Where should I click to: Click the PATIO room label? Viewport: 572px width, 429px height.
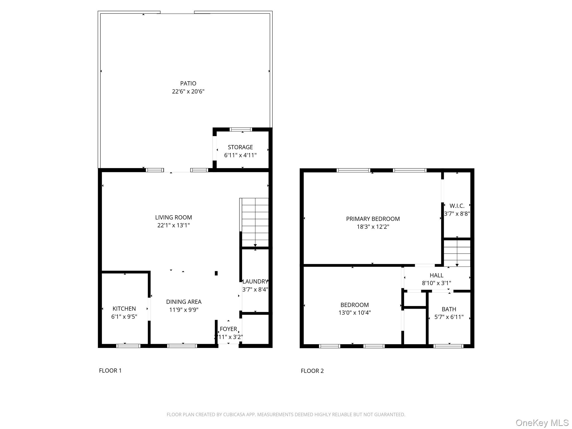click(188, 83)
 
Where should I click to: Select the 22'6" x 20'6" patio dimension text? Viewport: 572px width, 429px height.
click(188, 91)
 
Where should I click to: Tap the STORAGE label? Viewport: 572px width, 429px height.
click(240, 147)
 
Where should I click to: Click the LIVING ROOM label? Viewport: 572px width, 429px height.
click(173, 217)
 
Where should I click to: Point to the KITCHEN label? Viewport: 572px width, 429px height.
click(124, 309)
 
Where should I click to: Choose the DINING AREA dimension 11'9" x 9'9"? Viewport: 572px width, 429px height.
click(183, 310)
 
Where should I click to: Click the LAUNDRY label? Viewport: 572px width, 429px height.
click(255, 282)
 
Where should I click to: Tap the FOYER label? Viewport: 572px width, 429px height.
click(228, 329)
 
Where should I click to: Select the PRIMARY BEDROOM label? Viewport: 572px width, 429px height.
click(373, 219)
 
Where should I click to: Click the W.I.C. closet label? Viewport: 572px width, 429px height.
click(457, 206)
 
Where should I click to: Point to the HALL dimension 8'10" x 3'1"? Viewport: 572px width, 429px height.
click(436, 283)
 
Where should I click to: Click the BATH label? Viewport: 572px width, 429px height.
click(449, 309)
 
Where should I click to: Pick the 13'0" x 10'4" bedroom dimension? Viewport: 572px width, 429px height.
click(354, 313)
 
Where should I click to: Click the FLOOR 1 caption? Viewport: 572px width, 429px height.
click(110, 371)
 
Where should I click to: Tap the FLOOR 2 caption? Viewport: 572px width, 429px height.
click(312, 371)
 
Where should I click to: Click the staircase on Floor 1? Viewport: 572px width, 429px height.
click(255, 222)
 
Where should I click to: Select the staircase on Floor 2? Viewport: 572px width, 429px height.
click(457, 253)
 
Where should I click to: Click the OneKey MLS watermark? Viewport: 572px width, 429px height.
click(542, 423)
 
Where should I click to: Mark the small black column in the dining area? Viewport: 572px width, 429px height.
click(216, 273)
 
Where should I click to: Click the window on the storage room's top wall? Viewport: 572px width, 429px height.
click(241, 130)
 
